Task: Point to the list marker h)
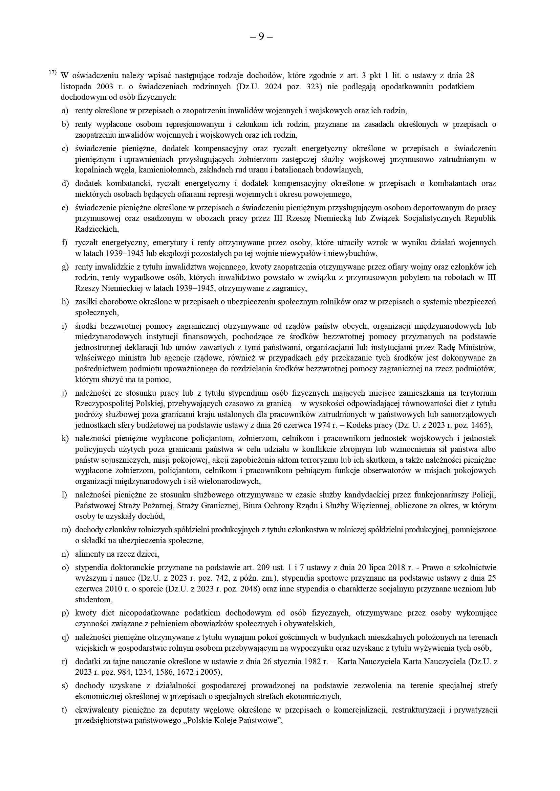[x=65, y=302]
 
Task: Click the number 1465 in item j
[x=480, y=425]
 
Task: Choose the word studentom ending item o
[x=93, y=600]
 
